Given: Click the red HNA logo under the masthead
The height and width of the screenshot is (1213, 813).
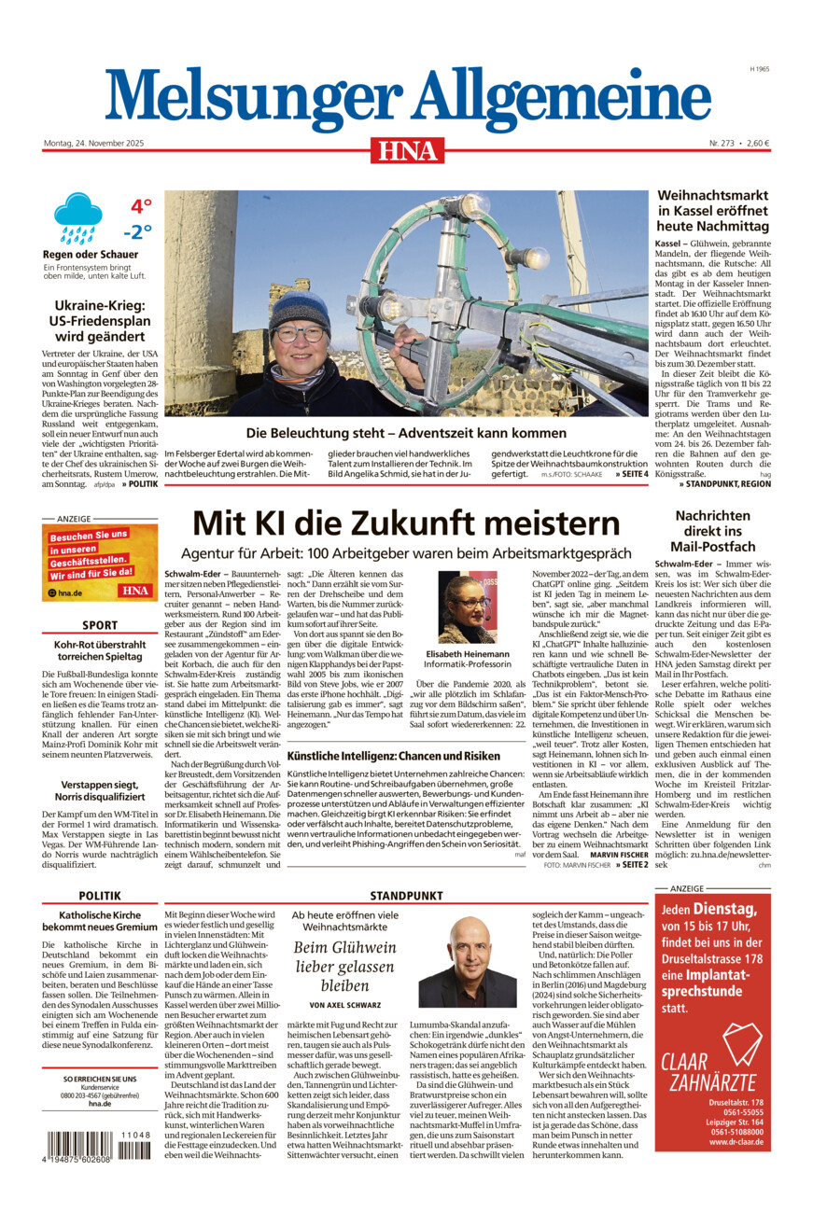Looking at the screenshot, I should [406, 150].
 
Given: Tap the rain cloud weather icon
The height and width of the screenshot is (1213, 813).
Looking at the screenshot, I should [77, 216].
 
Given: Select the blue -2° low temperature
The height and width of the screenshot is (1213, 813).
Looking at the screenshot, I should [137, 232].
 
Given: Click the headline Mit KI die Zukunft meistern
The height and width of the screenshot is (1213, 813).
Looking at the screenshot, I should [406, 523].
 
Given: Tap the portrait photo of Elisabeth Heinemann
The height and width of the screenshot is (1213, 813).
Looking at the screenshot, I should [468, 607].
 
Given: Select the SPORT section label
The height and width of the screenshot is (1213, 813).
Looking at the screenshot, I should [100, 625].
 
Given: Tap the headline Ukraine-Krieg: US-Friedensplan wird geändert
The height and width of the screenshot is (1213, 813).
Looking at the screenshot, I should [100, 320].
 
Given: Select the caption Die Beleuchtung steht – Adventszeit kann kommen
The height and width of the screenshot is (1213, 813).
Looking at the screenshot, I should [406, 434].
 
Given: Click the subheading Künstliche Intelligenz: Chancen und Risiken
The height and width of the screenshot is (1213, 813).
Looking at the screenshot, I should [394, 756].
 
